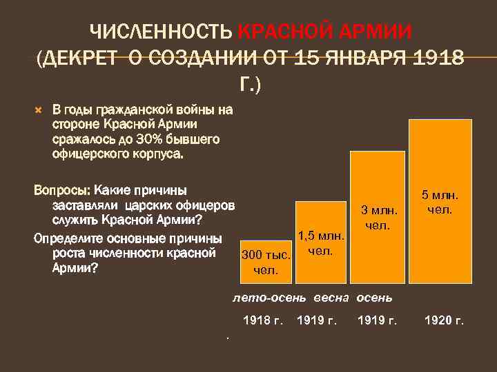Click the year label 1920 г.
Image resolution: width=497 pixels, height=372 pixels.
coord(444,320)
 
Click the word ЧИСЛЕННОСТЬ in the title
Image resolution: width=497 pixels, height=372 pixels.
coord(162,32)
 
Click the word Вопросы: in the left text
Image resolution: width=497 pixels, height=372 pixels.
coord(61,189)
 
